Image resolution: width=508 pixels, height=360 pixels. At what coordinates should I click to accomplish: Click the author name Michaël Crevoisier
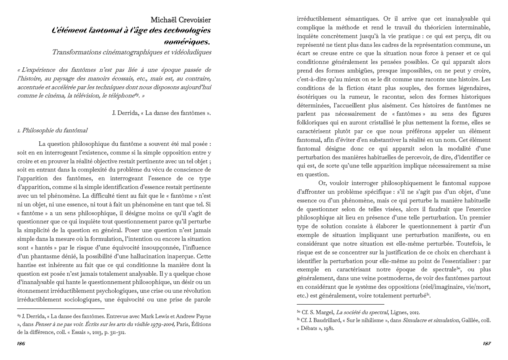click(181, 20)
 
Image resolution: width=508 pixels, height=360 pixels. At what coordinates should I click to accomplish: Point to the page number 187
click(487, 344)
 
